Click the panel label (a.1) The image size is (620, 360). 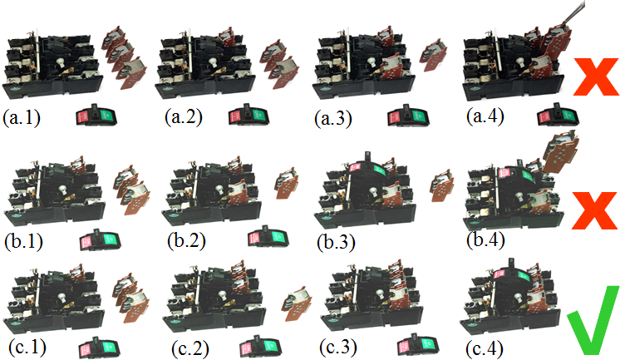point(22,118)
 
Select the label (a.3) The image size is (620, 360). point(333,119)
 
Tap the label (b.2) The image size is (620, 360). point(186,241)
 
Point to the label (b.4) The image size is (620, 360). point(485,240)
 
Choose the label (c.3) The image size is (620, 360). point(338,347)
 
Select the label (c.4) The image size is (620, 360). point(485,348)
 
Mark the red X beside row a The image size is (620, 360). point(596,76)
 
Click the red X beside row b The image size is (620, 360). point(594,211)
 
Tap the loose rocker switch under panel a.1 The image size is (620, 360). point(97,115)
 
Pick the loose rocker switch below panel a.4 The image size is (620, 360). point(558,115)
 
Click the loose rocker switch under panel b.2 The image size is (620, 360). point(268,236)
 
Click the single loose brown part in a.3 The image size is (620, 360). point(433,55)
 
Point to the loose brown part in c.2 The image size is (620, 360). point(297,303)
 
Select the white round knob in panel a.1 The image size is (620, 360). point(62,63)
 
